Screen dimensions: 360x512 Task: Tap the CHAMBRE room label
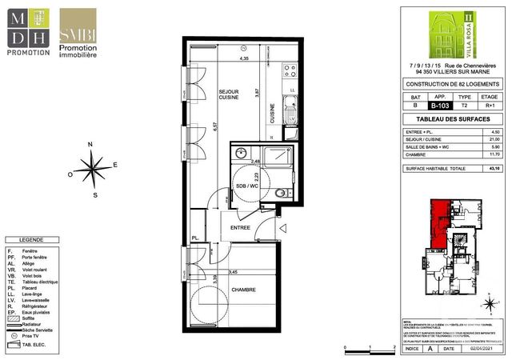click(243, 289)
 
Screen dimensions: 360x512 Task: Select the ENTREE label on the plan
click(240, 228)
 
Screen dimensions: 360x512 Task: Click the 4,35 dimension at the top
click(245, 58)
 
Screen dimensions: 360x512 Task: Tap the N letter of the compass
click(90, 144)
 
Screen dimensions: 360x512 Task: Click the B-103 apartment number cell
click(439, 104)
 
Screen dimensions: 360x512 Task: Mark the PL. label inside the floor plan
click(194, 238)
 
